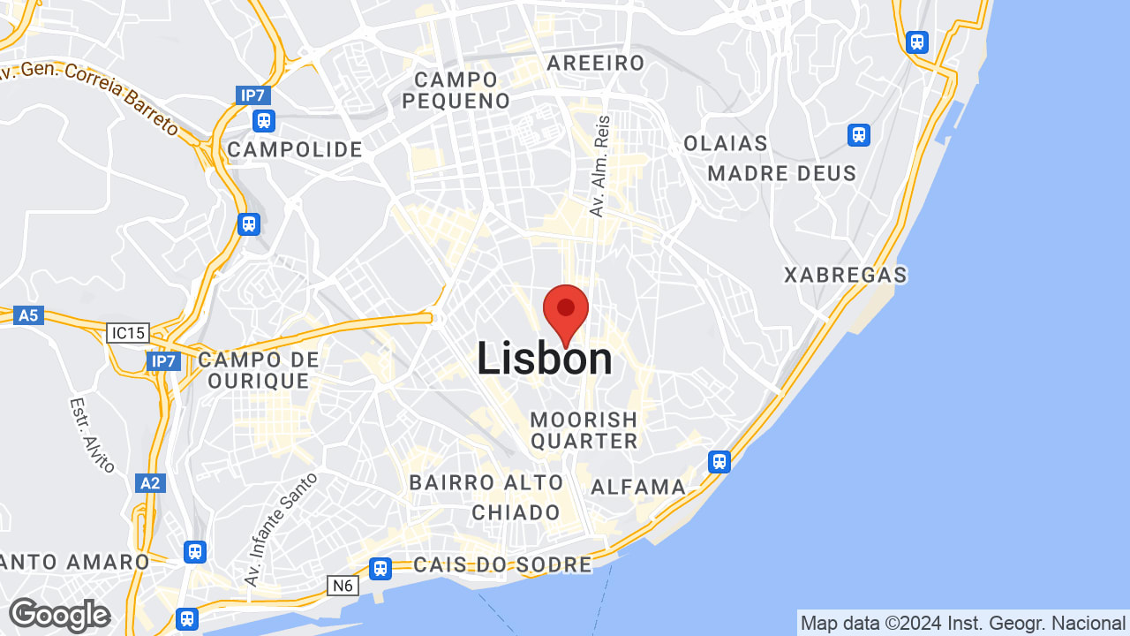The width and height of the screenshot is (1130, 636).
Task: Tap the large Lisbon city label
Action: coord(545,360)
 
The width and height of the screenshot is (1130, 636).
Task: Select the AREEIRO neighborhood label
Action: coord(596,63)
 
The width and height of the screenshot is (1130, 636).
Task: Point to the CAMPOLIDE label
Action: coord(295,149)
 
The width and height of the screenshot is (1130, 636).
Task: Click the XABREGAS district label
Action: coord(846,276)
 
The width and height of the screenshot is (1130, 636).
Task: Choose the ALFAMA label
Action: coord(638,487)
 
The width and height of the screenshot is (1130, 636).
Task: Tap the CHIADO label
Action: coord(516,512)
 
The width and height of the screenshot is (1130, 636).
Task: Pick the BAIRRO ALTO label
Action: coord(486,483)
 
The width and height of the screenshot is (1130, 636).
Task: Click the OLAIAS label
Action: coord(726,143)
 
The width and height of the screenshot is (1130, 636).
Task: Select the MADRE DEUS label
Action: coord(782,173)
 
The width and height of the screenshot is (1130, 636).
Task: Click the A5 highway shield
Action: coord(29,314)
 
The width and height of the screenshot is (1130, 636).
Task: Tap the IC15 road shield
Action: coord(128,333)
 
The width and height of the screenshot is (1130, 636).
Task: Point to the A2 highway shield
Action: coord(150,482)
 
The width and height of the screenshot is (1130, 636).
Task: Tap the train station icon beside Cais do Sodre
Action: coord(380,568)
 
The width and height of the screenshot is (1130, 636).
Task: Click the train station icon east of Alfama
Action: coord(719,461)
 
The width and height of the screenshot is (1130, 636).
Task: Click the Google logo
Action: coord(60,615)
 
